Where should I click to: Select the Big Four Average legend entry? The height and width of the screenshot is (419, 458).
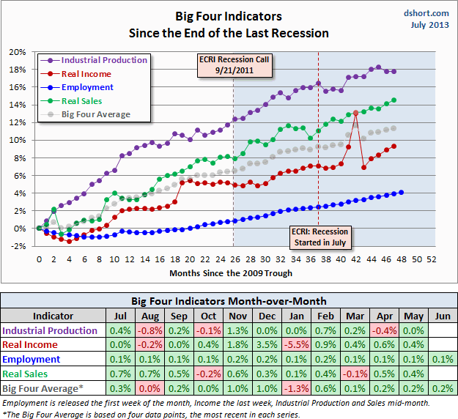[95, 114]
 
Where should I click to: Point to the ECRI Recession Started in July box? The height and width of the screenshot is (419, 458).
[318, 237]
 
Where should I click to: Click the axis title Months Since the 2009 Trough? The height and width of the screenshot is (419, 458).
[231, 273]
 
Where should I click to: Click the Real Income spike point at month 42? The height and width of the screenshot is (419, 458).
[356, 113]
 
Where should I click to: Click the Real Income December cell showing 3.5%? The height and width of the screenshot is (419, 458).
[269, 345]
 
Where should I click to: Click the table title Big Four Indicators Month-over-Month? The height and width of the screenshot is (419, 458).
[229, 301]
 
